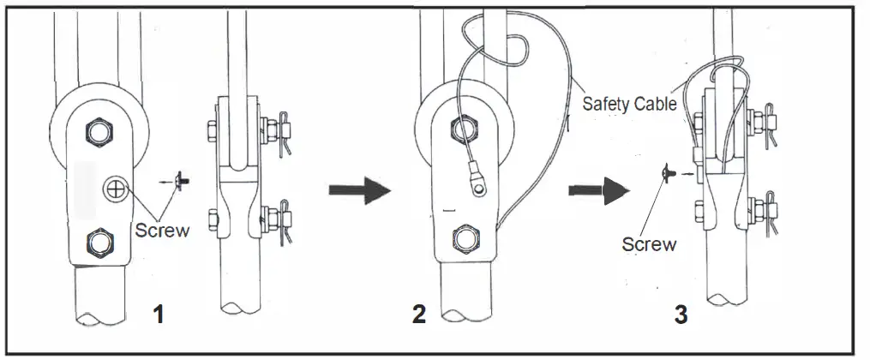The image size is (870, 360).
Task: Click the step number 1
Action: coord(158,315)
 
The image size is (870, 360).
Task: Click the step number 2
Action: coord(418,315)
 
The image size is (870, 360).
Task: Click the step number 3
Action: coord(681,315)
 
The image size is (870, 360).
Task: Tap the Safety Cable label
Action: coord(630,105)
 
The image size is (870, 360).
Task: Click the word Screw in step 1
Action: coord(162,231)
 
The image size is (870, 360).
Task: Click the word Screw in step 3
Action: coord(649,244)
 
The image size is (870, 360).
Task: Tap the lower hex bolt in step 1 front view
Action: coord(100,242)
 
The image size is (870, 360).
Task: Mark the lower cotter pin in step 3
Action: coord(771,214)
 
